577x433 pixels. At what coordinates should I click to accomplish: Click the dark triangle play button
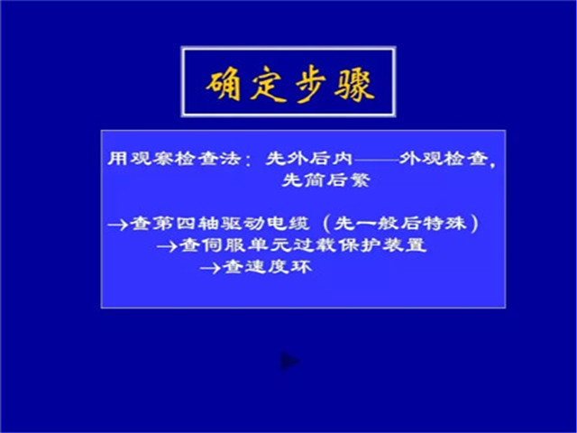click(289, 362)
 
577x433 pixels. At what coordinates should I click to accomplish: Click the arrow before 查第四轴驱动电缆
click(118, 225)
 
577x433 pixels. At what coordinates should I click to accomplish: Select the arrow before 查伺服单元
click(169, 246)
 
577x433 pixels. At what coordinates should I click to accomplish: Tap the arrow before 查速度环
click(211, 268)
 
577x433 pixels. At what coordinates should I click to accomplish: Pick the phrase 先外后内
click(309, 159)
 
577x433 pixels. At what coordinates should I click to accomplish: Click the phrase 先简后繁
click(326, 180)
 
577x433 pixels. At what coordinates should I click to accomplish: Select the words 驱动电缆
click(265, 224)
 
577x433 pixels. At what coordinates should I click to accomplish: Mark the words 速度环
click(279, 267)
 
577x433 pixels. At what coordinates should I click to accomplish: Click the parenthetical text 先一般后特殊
click(400, 224)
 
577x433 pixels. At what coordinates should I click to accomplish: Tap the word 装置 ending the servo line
click(405, 245)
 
